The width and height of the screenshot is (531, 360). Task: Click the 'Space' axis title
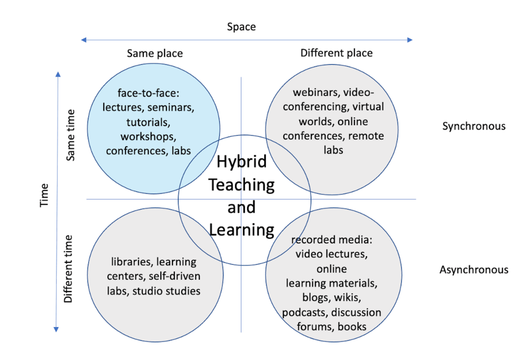pyautogui.click(x=241, y=26)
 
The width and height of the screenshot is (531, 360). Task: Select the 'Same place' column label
pyautogui.click(x=155, y=53)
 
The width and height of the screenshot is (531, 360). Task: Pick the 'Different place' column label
pyautogui.click(x=336, y=53)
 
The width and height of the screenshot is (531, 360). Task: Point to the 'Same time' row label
pyautogui.click(x=71, y=135)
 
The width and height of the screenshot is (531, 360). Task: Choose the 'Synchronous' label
pyautogui.click(x=473, y=126)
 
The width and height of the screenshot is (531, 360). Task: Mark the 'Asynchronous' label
pyautogui.click(x=474, y=270)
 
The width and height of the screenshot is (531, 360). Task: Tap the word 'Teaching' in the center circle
pyautogui.click(x=241, y=184)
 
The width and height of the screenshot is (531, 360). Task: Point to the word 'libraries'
pyautogui.click(x=132, y=261)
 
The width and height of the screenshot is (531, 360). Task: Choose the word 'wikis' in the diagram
pyautogui.click(x=346, y=298)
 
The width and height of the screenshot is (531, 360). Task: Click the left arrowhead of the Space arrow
pyautogui.click(x=83, y=39)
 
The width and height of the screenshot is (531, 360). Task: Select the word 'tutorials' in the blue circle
pyautogui.click(x=148, y=122)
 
